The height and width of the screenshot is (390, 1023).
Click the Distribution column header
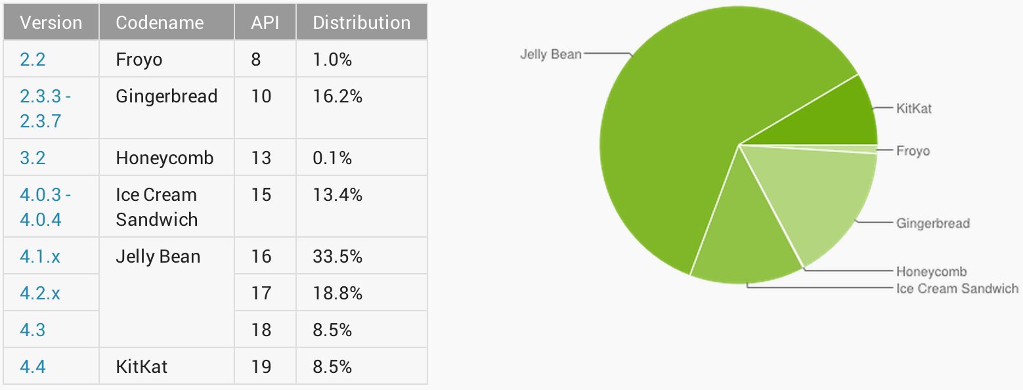[x=361, y=22]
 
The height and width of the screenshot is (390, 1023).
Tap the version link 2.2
[x=33, y=60]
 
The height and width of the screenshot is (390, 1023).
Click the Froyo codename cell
[x=139, y=60]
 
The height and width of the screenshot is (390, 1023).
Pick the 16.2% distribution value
[x=337, y=97]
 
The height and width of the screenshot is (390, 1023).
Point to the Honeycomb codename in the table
[x=164, y=158]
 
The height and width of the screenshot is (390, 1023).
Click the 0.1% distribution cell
[x=332, y=158]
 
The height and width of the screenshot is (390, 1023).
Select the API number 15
[x=261, y=195]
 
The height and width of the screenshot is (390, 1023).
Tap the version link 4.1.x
[x=40, y=256]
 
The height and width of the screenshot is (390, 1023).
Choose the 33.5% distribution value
[x=337, y=256]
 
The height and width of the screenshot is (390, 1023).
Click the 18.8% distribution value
[x=337, y=293]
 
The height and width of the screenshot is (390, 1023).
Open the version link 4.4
[x=33, y=366]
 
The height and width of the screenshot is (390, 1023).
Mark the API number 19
[x=261, y=366]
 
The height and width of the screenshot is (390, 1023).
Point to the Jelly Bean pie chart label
[x=550, y=54]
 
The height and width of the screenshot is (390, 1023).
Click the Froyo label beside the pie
[x=913, y=151]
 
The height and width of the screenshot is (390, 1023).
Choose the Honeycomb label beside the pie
[x=931, y=271]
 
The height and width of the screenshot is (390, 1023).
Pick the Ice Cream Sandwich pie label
[x=957, y=288]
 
